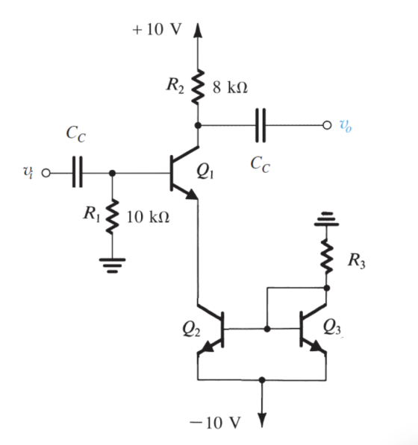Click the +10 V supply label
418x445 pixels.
pyautogui.click(x=157, y=29)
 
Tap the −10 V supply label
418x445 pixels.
pyautogui.click(x=215, y=423)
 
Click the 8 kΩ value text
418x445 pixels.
pyautogui.click(x=230, y=87)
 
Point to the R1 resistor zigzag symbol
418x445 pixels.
pyautogui.click(x=113, y=216)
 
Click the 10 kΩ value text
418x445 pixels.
pyautogui.click(x=148, y=217)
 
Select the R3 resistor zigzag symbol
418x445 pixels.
pyautogui.click(x=327, y=257)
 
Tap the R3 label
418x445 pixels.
pyautogui.click(x=357, y=261)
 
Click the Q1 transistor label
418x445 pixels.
pyautogui.click(x=205, y=171)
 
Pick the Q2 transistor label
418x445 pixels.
pyautogui.click(x=191, y=329)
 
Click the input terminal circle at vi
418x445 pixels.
pyautogui.click(x=46, y=173)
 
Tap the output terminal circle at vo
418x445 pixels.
pyautogui.click(x=327, y=125)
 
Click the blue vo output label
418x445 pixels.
pyautogui.click(x=346, y=125)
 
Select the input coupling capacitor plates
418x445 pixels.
pyautogui.click(x=78, y=171)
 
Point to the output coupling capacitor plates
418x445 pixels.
pyautogui.click(x=261, y=125)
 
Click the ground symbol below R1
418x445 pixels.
pyautogui.click(x=113, y=265)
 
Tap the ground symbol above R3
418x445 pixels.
pyautogui.click(x=327, y=219)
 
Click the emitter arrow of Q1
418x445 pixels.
pyautogui.click(x=191, y=194)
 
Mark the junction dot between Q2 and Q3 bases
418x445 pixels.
pyautogui.click(x=267, y=329)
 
